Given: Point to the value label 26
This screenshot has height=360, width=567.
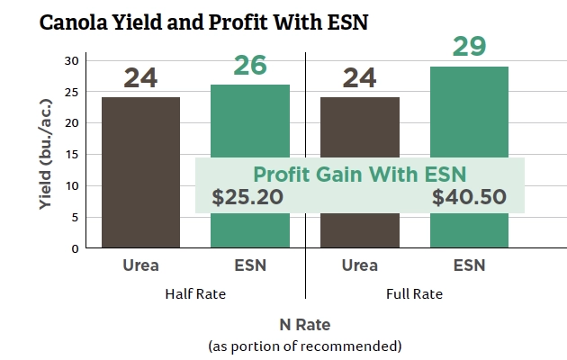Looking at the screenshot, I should click(x=249, y=65).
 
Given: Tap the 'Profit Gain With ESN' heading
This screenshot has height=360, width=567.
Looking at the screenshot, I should click(x=359, y=173).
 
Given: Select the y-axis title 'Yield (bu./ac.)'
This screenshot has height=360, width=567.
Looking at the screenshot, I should click(x=46, y=154).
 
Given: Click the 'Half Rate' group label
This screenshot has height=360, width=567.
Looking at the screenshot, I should click(x=194, y=293).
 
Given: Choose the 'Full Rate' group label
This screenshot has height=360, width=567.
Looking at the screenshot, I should click(x=414, y=293).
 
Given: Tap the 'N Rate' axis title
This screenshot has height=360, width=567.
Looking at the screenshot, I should click(x=304, y=324).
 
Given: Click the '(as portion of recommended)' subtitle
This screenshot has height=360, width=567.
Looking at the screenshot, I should click(x=304, y=345).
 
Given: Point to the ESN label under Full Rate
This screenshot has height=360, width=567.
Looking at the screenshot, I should click(x=469, y=265).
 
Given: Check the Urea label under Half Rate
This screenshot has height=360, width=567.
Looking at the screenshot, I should click(x=140, y=265).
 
